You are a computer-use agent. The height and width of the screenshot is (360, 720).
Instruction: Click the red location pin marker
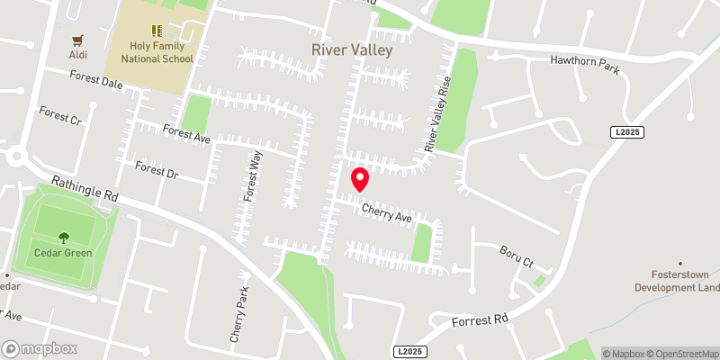click(x=359, y=179)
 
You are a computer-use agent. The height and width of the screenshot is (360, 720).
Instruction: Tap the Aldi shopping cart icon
click(x=78, y=40)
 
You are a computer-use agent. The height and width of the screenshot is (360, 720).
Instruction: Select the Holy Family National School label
click(x=148, y=53)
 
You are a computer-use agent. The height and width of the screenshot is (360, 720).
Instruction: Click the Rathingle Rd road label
click(x=85, y=187)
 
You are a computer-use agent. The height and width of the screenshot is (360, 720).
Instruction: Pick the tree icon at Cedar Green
click(x=64, y=238)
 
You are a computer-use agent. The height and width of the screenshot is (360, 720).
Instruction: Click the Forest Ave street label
click(x=186, y=134)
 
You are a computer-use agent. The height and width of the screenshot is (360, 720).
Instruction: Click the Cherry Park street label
click(x=239, y=311)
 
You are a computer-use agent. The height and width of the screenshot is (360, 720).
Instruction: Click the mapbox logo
click(x=39, y=348)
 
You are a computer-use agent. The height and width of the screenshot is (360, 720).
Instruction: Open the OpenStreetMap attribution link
click(x=680, y=354)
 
